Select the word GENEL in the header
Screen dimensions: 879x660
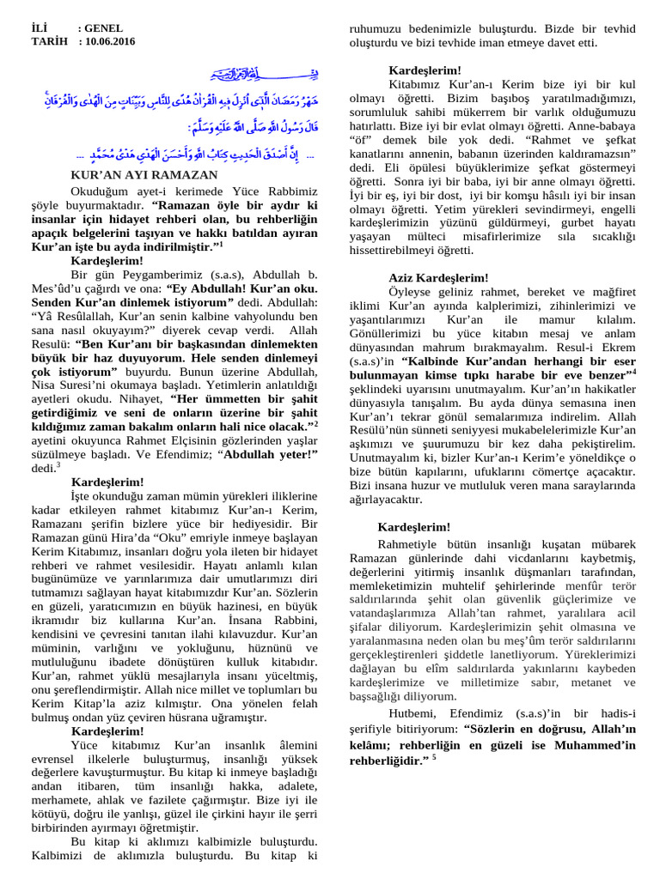[x=103, y=27]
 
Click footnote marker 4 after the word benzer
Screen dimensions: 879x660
[x=634, y=372]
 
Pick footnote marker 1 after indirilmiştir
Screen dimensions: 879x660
[x=220, y=245]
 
